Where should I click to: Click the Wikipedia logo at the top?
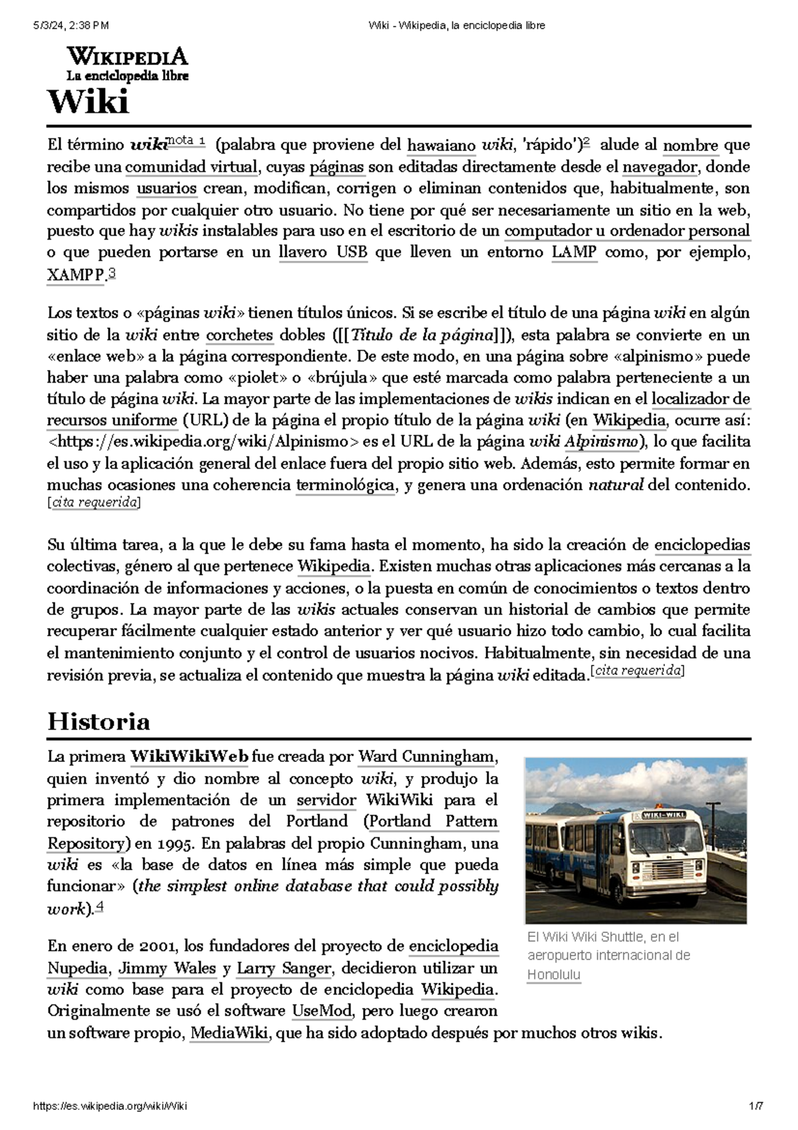coord(127,63)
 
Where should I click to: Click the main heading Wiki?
coord(88,102)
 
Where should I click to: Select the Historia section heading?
coord(98,721)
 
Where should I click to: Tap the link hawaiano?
coord(441,145)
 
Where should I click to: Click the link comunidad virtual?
coord(191,166)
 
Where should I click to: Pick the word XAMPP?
coord(75,274)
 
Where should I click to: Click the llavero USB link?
coord(323,252)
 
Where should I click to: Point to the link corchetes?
coord(239,335)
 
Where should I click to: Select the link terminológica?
coord(345,485)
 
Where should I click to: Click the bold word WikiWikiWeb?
coord(190,757)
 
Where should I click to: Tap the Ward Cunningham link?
coord(426,757)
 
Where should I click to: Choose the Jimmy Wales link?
coord(167,968)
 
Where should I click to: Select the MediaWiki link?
coord(229,1034)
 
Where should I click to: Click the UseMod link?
coord(322,1012)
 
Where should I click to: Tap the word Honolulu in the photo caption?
coord(553,975)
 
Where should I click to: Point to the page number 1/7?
coord(755,1106)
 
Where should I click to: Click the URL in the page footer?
coord(110,1106)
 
